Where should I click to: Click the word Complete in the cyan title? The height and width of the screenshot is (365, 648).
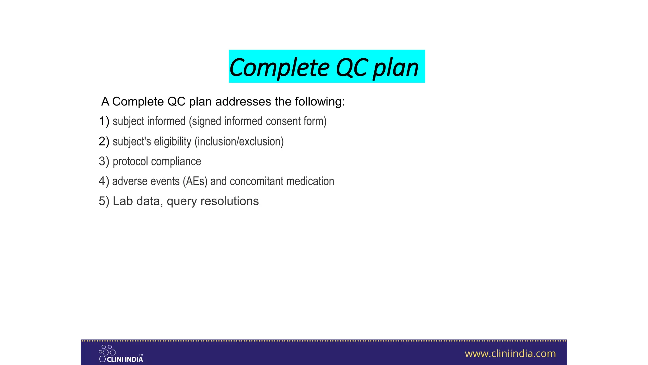(x=279, y=67)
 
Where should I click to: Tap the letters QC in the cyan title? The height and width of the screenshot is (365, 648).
(x=351, y=67)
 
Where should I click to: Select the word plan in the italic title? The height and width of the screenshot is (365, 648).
(x=396, y=67)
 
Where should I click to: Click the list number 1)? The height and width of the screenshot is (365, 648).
(x=104, y=121)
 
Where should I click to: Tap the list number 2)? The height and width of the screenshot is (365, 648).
(x=104, y=141)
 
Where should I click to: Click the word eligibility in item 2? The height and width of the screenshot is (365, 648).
(x=172, y=141)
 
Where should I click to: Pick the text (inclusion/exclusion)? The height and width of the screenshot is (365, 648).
(x=239, y=141)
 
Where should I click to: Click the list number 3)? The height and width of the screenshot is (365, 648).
(x=104, y=161)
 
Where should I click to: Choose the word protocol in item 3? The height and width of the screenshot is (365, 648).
(x=130, y=161)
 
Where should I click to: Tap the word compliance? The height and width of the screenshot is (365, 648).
(x=176, y=161)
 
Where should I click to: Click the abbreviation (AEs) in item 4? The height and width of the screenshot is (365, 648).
(x=195, y=181)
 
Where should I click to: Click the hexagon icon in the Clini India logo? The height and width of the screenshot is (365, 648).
(x=107, y=353)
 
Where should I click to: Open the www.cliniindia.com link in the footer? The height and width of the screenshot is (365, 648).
(x=510, y=354)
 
